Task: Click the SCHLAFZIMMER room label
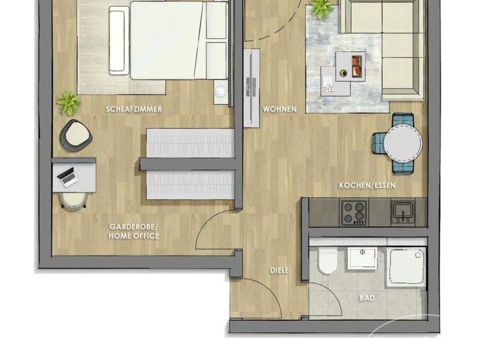(133, 109)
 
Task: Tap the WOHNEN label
(279, 109)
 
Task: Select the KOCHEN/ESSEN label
(367, 185)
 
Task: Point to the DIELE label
(279, 270)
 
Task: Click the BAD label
(367, 298)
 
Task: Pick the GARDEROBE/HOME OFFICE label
(133, 231)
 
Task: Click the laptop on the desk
(67, 177)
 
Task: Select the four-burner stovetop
(354, 212)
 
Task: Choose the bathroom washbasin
(362, 258)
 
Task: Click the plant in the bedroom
(68, 103)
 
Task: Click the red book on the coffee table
(357, 66)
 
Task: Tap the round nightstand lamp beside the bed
(220, 92)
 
